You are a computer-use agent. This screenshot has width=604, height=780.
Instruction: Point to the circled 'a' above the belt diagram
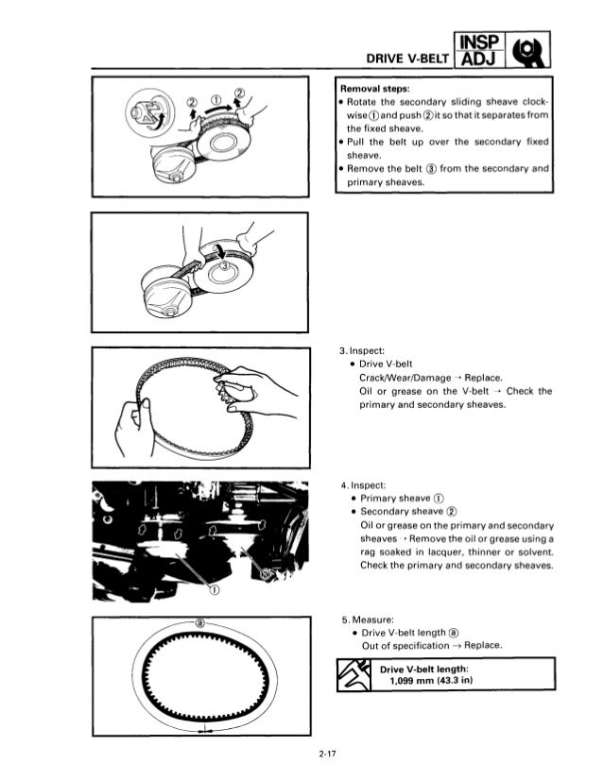(199, 623)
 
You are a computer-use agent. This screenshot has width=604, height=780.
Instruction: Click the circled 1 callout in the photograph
(213, 591)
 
